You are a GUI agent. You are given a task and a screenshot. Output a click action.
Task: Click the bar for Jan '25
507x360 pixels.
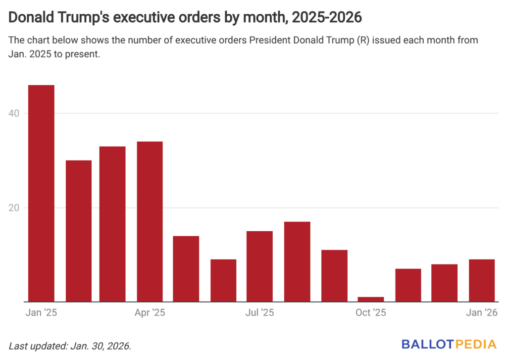click(x=41, y=193)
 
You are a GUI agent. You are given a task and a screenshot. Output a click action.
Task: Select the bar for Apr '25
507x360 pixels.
click(x=150, y=221)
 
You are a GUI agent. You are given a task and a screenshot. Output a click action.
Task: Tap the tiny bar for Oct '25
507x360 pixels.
click(x=371, y=299)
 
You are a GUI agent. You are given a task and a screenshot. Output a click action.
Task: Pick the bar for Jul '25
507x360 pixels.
click(x=259, y=266)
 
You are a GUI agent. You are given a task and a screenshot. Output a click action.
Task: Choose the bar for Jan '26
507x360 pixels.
click(x=482, y=280)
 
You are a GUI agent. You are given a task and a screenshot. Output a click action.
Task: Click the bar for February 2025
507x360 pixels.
click(x=78, y=231)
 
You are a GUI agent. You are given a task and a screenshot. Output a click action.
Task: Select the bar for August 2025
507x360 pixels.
click(x=297, y=261)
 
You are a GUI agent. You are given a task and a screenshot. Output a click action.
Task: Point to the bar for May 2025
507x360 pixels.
click(x=186, y=268)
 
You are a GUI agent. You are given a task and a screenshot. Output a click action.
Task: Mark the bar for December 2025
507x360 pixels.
click(x=444, y=283)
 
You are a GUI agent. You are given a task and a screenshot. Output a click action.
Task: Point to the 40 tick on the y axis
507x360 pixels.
click(x=15, y=113)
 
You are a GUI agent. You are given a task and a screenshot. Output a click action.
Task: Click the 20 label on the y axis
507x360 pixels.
click(x=15, y=207)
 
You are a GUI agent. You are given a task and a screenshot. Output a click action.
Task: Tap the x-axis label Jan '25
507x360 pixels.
click(x=41, y=313)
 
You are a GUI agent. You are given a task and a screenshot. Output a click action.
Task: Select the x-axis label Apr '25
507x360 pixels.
click(x=150, y=313)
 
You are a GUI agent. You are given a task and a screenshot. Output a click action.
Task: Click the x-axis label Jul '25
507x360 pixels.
click(x=259, y=313)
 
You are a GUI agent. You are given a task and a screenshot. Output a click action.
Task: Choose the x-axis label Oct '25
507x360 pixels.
click(x=371, y=313)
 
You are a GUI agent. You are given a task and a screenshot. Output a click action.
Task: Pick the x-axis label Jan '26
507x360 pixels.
click(x=482, y=313)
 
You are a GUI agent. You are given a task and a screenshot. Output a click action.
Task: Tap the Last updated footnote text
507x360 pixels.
click(x=70, y=346)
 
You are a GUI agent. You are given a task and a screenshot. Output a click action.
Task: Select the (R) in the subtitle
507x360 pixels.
click(x=362, y=40)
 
